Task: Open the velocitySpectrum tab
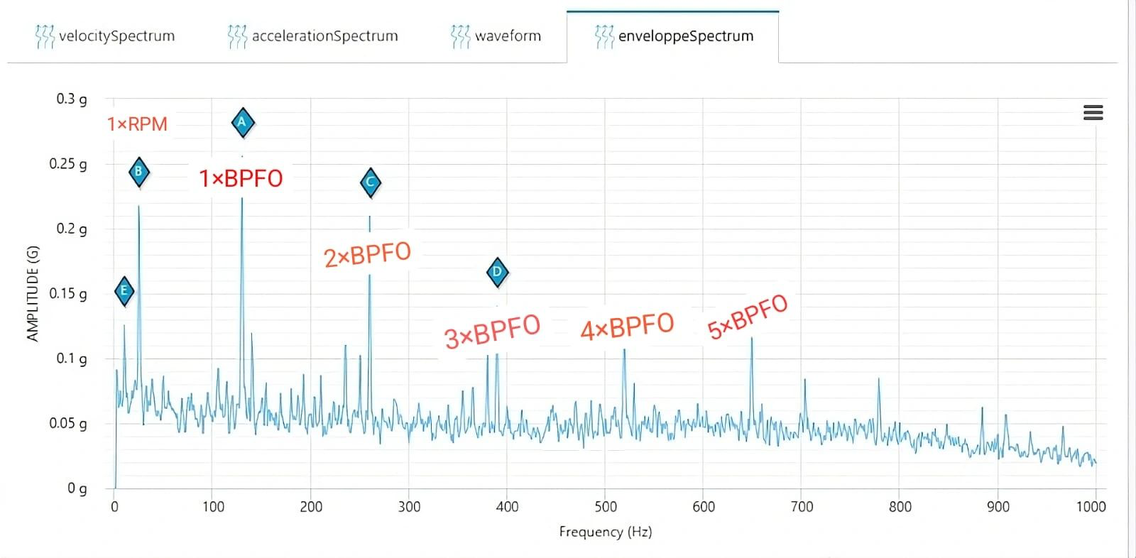105,36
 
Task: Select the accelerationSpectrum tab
313,36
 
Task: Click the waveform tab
496,36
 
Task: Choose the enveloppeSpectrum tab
674,36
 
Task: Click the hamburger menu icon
1093,113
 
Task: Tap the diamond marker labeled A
243,123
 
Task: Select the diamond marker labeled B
139,172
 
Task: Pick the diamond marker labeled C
371,182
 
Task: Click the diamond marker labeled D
498,273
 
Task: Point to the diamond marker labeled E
124,291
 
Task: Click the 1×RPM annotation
137,124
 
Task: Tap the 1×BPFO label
241,179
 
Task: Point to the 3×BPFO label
493,332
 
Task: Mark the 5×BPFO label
748,317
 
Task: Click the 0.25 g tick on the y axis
68,164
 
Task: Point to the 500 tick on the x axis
606,507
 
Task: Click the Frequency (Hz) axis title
606,532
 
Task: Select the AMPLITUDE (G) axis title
33,294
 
